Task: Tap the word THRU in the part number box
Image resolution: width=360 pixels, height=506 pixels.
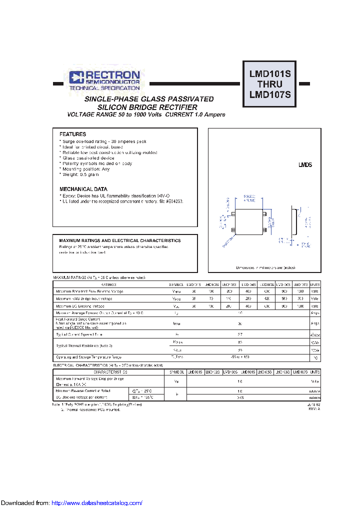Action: tap(270, 84)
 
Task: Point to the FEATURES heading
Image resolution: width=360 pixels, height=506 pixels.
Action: tap(72, 134)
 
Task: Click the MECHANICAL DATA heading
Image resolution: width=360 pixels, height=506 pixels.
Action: tap(83, 189)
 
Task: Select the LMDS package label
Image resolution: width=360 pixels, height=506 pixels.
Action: tap(305, 164)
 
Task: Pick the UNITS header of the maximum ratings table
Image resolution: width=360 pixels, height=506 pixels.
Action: tap(315, 284)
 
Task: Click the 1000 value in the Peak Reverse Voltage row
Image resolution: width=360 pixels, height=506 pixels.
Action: tap(300, 291)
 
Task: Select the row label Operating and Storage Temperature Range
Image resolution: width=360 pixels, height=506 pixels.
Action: tap(88, 357)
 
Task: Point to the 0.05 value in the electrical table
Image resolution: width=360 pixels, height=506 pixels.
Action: tap(240, 397)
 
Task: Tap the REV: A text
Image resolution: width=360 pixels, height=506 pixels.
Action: tap(313, 409)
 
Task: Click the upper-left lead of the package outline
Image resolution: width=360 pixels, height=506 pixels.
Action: tap(233, 214)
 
